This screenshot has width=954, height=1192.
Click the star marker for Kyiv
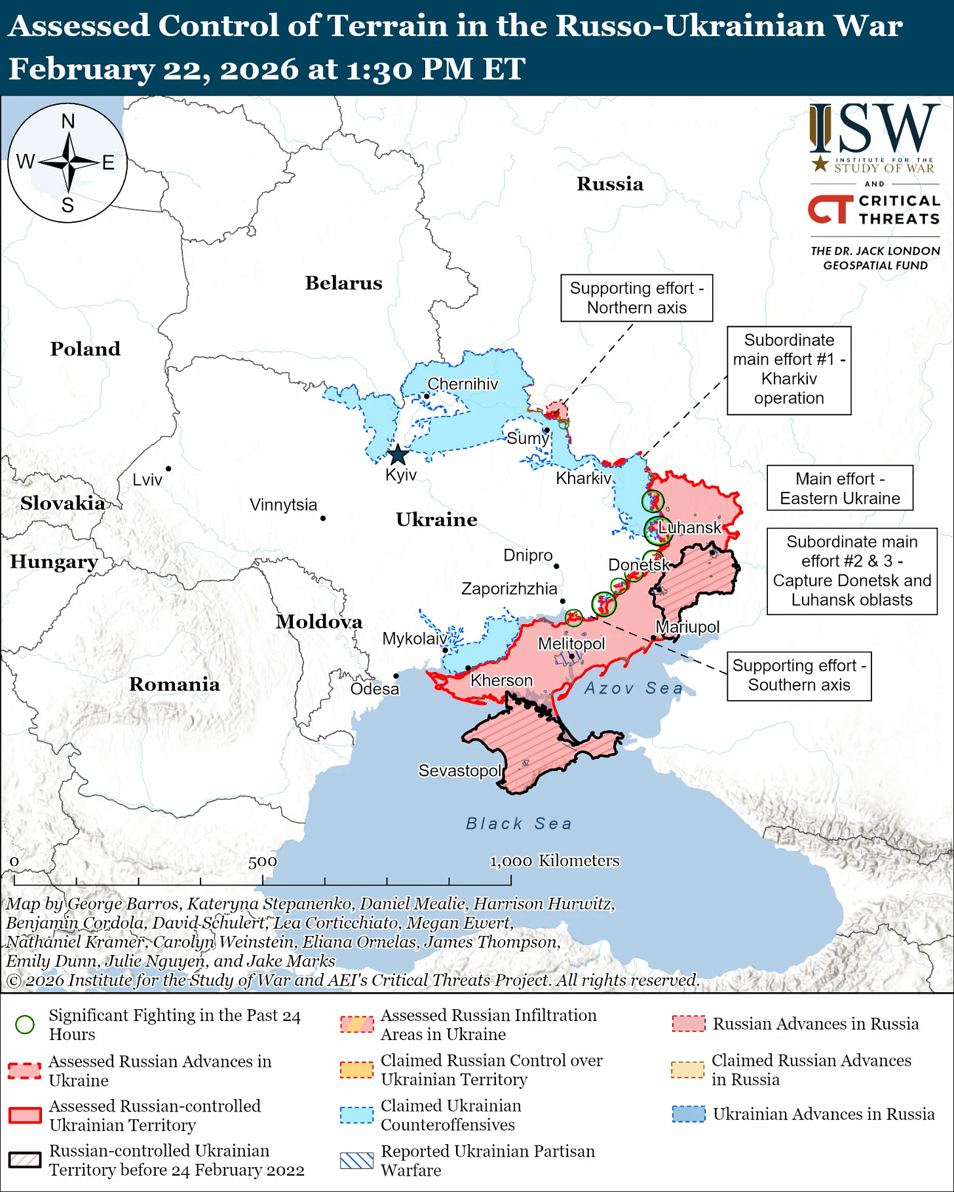[x=398, y=455]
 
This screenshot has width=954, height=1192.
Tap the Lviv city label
[x=147, y=479]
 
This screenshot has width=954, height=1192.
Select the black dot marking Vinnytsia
[x=323, y=518]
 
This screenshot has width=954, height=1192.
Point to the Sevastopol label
[x=460, y=771]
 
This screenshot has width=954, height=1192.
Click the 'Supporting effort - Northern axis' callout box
[x=636, y=298]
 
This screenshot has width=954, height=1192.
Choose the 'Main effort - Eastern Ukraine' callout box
[x=839, y=489]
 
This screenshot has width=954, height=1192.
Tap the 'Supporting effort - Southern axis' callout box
[x=799, y=675]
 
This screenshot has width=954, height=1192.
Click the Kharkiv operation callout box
[x=788, y=370]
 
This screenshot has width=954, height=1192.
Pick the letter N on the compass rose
[x=68, y=122]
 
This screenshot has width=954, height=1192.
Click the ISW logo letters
[x=874, y=128]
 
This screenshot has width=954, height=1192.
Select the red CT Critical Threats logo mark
[x=830, y=210]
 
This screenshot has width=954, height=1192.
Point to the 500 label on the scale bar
[x=263, y=862]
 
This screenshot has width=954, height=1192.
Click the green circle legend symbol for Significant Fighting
[x=25, y=1024]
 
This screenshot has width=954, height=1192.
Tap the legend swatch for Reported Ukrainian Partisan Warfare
[x=357, y=1161]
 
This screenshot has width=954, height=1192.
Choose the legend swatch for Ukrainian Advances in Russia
[x=689, y=1114]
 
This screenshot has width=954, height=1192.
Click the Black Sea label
[x=518, y=823]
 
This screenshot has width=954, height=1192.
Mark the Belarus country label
[x=343, y=283]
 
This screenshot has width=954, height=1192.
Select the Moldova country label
[x=319, y=622]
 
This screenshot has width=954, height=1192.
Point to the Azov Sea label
[x=633, y=688]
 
